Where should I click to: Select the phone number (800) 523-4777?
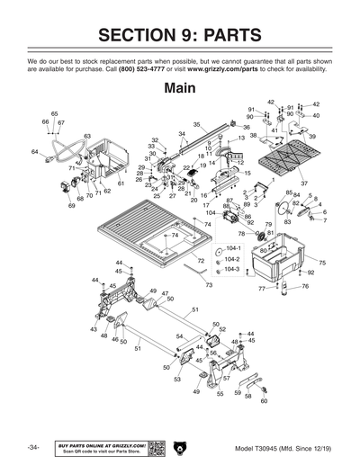[x=147, y=68]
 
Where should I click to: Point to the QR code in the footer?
[x=155, y=447]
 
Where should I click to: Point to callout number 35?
[x=196, y=125]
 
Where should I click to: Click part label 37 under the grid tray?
[x=303, y=184]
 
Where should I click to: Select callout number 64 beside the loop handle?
[x=34, y=152]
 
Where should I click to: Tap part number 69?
[x=71, y=206]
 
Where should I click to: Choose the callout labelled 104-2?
[x=232, y=258]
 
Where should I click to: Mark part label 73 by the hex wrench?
[x=209, y=284]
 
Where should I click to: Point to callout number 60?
[x=264, y=401]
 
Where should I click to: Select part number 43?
[x=94, y=329]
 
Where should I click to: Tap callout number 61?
[x=121, y=183]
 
